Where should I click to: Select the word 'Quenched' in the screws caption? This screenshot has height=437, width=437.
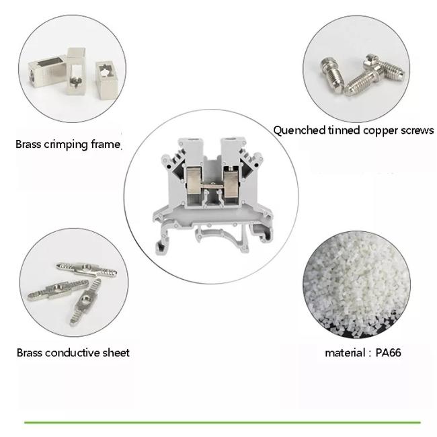299,130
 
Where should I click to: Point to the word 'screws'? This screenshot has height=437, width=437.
417,130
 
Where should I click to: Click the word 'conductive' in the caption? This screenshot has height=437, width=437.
72,353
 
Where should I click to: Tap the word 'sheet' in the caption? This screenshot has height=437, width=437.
116,353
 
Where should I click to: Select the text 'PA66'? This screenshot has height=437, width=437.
389,353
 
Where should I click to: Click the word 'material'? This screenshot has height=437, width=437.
345,353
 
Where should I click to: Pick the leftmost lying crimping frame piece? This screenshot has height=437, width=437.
46,71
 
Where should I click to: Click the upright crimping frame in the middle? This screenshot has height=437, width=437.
76,72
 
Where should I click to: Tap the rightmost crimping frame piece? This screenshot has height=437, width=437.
107,81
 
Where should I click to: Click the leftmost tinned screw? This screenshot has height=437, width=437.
332,75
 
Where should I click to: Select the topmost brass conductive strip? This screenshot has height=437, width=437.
87,270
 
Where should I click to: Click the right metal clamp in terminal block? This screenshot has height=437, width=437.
231,183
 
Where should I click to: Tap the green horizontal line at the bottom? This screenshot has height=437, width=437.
222,422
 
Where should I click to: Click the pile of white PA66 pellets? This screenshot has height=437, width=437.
356,284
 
